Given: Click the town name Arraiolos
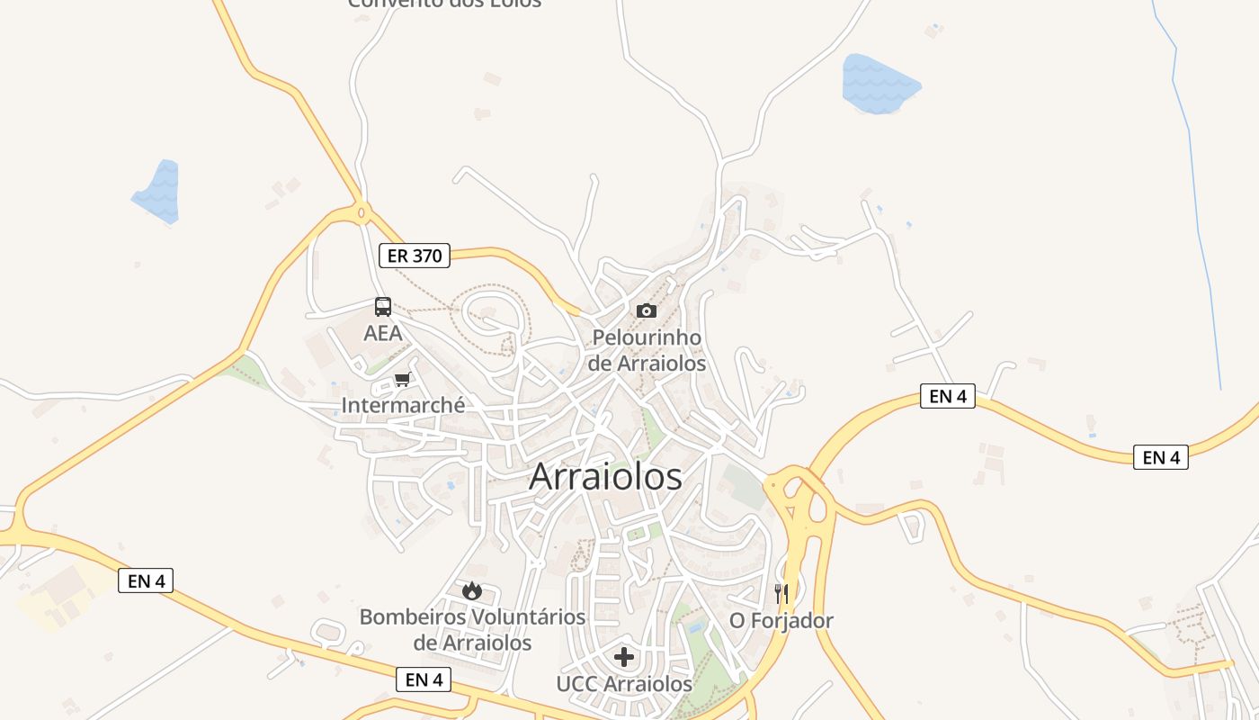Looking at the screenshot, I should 605,476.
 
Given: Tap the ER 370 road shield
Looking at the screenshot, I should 414,256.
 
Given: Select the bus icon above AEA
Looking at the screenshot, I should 383,307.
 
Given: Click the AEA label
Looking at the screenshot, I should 382,333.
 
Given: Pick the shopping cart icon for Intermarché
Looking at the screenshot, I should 402,380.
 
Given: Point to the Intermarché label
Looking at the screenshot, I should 403,406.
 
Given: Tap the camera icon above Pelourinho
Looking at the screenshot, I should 646,311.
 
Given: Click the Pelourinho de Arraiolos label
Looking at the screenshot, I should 647,351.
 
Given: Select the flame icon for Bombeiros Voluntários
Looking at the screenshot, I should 472,591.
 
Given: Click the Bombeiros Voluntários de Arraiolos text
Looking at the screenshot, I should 472,630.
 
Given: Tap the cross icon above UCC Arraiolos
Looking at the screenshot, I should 624,656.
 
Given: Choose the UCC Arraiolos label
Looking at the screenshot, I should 624,684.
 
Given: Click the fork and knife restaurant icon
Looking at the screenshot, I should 781,593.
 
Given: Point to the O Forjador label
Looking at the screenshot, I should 781,621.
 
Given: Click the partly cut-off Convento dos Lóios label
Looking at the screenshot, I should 445,4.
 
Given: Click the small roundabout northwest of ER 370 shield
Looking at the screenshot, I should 362,213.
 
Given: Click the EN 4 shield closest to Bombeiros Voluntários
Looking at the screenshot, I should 424,679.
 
